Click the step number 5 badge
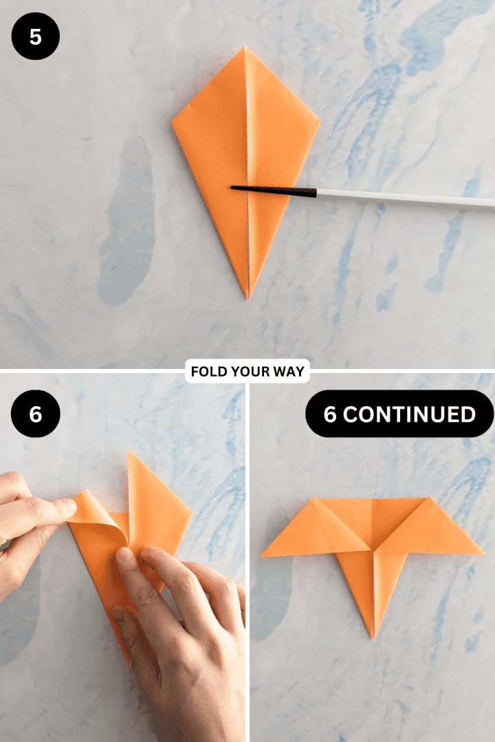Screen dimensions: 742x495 pyautogui.click(x=36, y=36)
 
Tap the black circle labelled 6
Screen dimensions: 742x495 pyautogui.click(x=36, y=414)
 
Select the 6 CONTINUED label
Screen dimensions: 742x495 pyautogui.click(x=399, y=414)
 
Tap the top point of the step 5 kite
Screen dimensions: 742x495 pyautogui.click(x=245, y=47)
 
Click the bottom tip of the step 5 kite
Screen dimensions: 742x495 pyautogui.click(x=248, y=297)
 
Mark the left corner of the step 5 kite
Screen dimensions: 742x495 pyautogui.click(x=173, y=123)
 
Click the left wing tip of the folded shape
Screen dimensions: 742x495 pyautogui.click(x=262, y=555)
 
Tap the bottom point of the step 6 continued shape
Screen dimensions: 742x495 pyautogui.click(x=373, y=638)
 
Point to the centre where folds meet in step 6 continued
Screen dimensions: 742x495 pyautogui.click(x=373, y=550)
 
